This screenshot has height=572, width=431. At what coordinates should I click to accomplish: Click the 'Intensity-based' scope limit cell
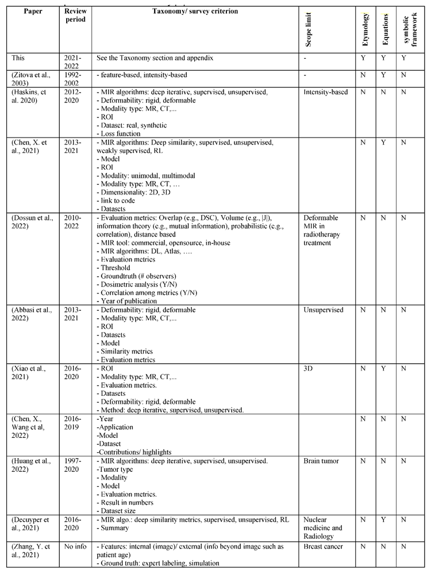[x=325, y=92]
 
